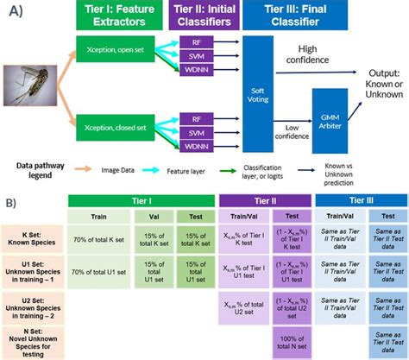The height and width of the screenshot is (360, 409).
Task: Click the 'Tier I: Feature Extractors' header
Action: point(115,16)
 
